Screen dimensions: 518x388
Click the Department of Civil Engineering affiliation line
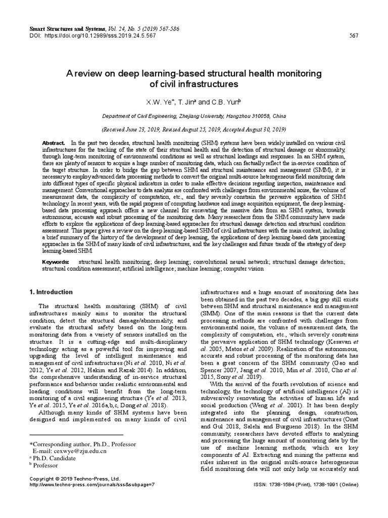point(194,116)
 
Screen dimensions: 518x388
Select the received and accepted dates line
point(194,129)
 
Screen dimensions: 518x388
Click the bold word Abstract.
point(54,144)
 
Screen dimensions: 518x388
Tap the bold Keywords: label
point(56,262)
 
